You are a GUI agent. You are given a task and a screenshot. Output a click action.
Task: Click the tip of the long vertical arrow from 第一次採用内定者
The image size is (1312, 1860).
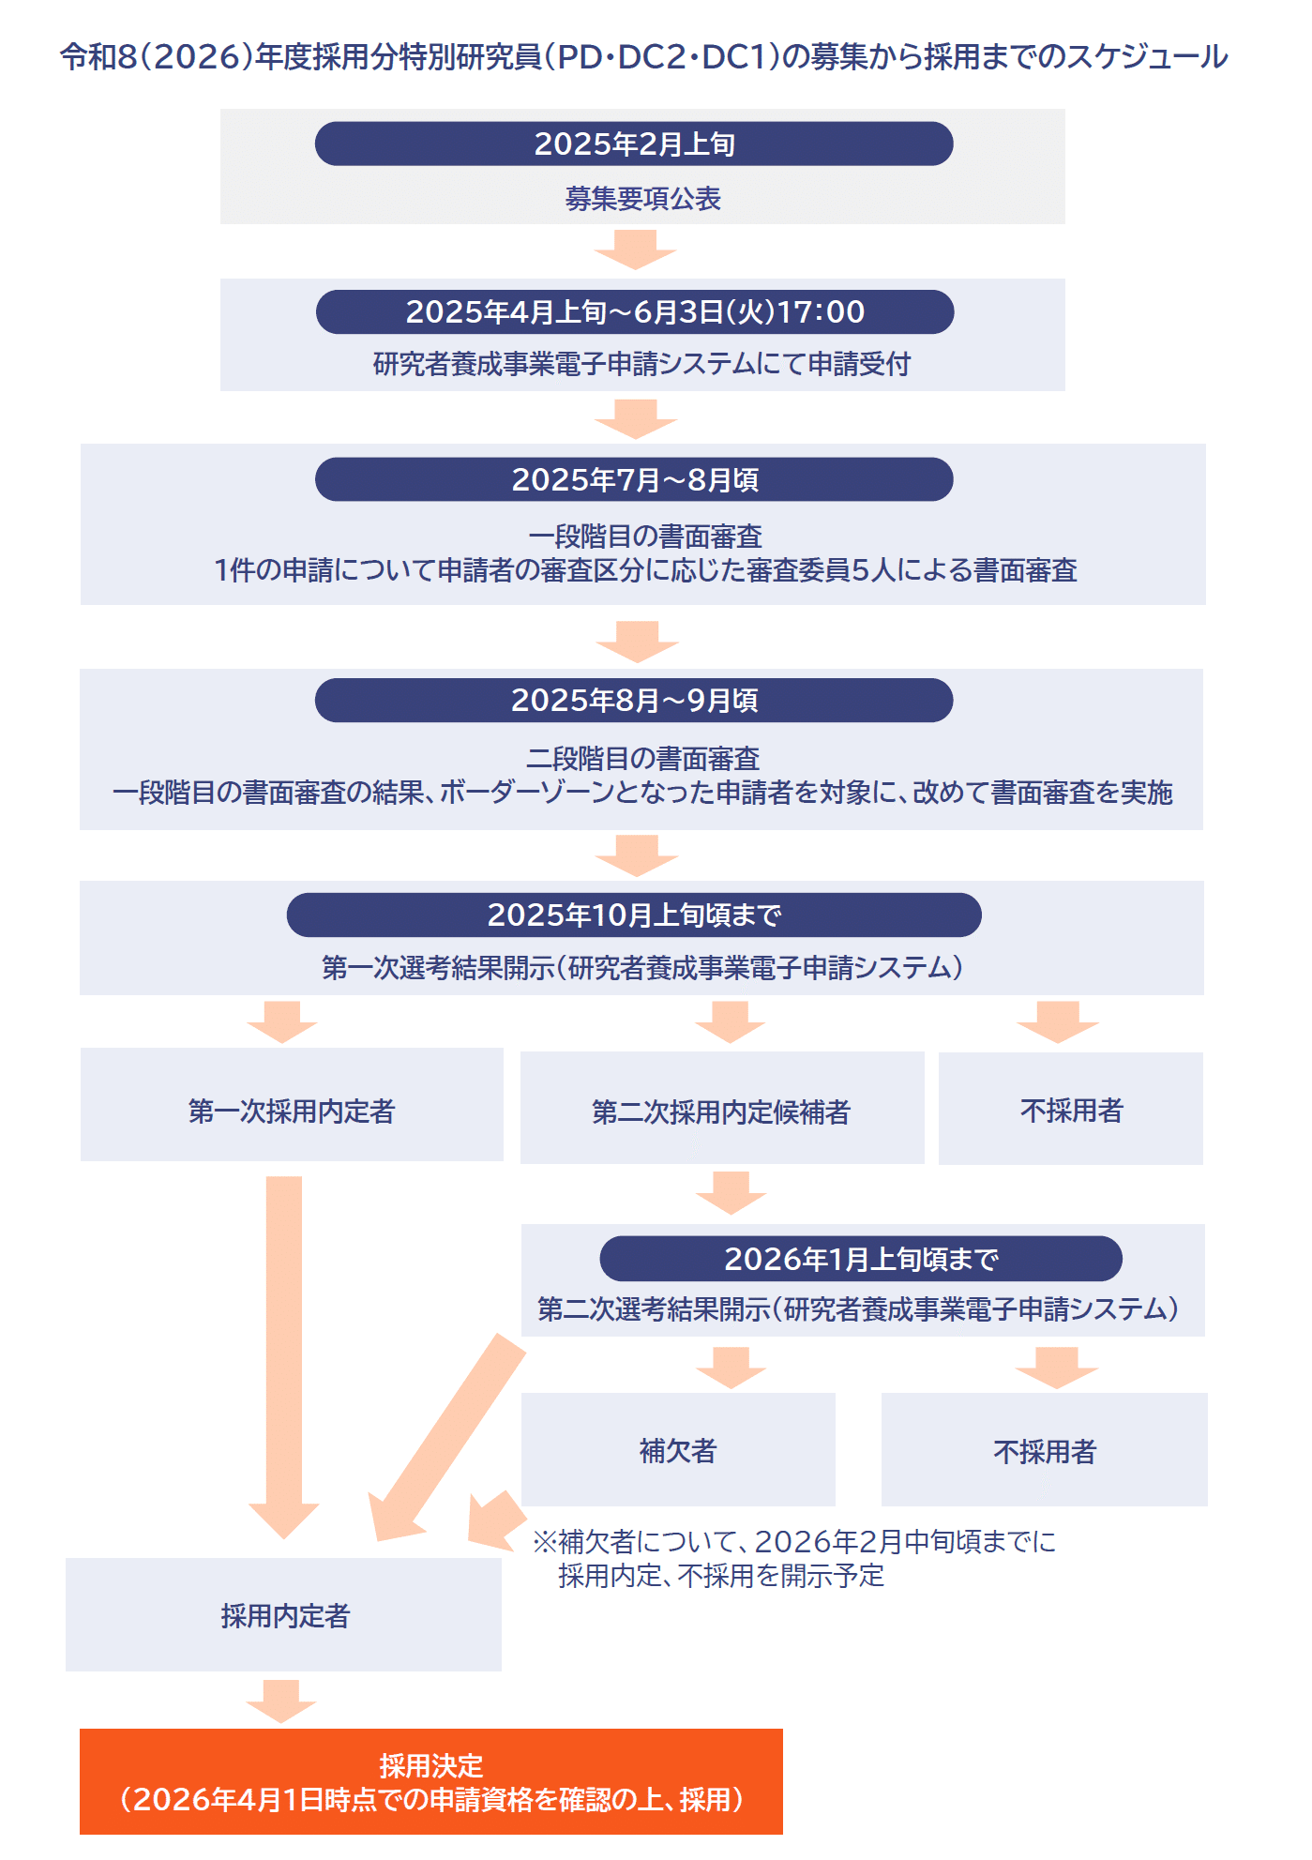283,1538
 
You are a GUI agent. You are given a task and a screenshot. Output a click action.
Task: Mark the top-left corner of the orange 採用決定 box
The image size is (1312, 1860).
80,1729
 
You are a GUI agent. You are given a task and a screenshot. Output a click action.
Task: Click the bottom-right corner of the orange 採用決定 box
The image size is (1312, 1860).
783,1834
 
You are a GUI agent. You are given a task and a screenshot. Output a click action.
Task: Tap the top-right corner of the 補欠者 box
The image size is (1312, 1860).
836,1393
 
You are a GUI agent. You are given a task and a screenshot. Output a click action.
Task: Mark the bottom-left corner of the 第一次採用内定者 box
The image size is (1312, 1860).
81,1161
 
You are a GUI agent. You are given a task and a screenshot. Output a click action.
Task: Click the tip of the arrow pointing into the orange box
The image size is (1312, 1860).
281,1723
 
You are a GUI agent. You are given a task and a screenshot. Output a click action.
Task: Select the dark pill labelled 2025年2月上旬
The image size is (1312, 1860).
634,144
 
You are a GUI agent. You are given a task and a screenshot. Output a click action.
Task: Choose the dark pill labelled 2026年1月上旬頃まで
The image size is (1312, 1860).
861,1259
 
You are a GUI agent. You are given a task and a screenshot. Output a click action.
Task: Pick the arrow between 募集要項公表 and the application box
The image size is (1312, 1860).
635,250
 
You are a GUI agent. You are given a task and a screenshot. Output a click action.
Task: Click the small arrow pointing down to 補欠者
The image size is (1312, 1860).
731,1368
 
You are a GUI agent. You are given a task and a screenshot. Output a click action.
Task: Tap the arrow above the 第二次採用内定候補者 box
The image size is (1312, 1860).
731,1022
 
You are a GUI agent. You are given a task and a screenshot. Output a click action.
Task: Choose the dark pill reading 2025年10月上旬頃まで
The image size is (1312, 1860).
634,915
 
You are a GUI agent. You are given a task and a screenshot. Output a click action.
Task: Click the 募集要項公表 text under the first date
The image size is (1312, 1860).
642,199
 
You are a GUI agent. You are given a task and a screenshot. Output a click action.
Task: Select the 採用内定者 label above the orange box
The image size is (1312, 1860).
285,1616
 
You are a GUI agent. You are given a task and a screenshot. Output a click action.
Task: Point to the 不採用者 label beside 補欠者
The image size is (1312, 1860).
1045,1452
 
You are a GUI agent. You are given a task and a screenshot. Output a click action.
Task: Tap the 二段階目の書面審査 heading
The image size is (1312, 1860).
642,758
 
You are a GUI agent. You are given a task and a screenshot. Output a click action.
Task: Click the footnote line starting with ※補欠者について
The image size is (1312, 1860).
794,1542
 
